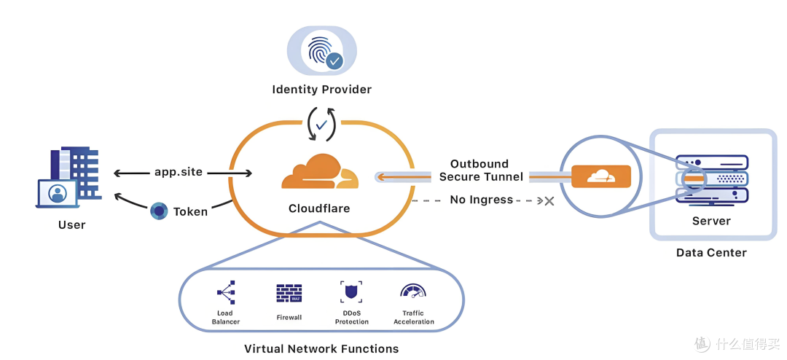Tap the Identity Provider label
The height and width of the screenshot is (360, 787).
pos(322,90)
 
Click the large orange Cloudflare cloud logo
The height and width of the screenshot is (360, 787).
pos(320,172)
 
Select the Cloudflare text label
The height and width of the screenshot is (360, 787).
pos(319,208)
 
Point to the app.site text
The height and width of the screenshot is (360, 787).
pos(179,172)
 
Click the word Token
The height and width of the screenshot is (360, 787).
pos(190,211)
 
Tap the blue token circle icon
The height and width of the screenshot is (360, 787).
pos(159,211)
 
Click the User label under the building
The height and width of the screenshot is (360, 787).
pos(71,224)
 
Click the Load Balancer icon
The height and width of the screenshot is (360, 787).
pos(226,292)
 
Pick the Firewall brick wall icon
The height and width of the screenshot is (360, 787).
pos(289,293)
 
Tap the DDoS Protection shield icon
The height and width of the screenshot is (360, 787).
pos(351,291)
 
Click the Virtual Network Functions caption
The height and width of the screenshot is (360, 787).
pos(321,348)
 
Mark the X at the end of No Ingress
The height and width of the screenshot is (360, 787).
pos(549,201)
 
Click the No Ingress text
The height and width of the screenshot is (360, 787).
pos(482,200)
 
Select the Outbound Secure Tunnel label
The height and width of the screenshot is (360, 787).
pos(482,171)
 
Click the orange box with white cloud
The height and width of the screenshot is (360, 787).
pos(600,176)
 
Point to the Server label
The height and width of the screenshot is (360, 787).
pos(711,221)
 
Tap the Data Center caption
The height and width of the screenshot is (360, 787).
pos(711,253)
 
